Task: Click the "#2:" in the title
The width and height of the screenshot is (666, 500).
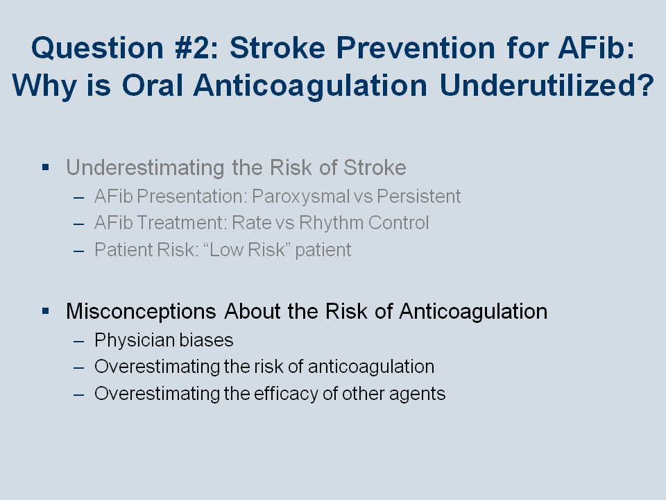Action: click(x=196, y=48)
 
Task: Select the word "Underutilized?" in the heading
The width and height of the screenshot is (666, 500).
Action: click(x=547, y=85)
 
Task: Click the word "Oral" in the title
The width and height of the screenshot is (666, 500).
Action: click(x=153, y=85)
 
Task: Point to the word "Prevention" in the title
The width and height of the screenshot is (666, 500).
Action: click(x=416, y=48)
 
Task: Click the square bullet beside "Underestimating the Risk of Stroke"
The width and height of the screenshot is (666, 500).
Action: click(x=46, y=167)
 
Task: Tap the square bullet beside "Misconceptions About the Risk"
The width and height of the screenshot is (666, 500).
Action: click(x=46, y=311)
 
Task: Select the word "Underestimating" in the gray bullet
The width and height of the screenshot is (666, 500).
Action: click(x=145, y=167)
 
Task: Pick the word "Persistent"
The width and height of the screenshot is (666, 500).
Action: click(x=419, y=197)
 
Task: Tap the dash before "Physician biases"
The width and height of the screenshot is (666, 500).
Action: click(x=78, y=341)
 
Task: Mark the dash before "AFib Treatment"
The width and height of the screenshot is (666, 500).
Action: click(x=78, y=224)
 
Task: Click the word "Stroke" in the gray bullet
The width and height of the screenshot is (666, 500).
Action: click(x=375, y=167)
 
